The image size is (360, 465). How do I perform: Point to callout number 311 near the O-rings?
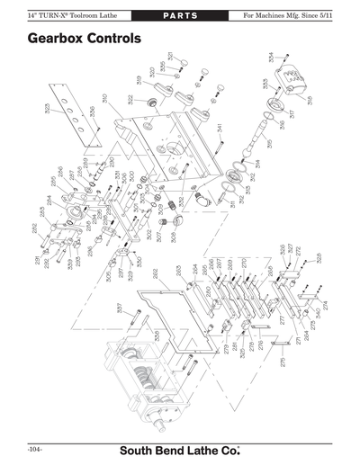click(x=232, y=203)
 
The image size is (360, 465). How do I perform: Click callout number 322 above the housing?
click(x=130, y=98)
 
